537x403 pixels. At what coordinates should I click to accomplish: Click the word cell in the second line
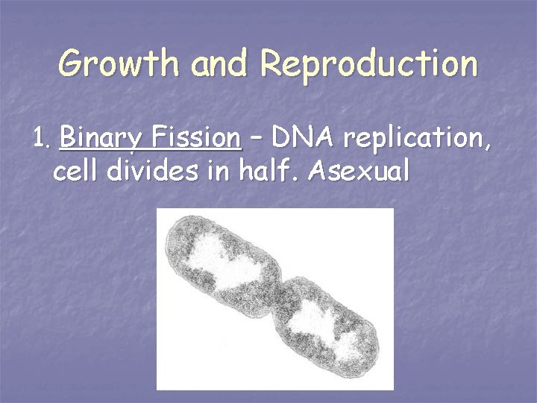pos(77,172)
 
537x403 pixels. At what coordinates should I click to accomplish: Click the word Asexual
pos(359,172)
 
